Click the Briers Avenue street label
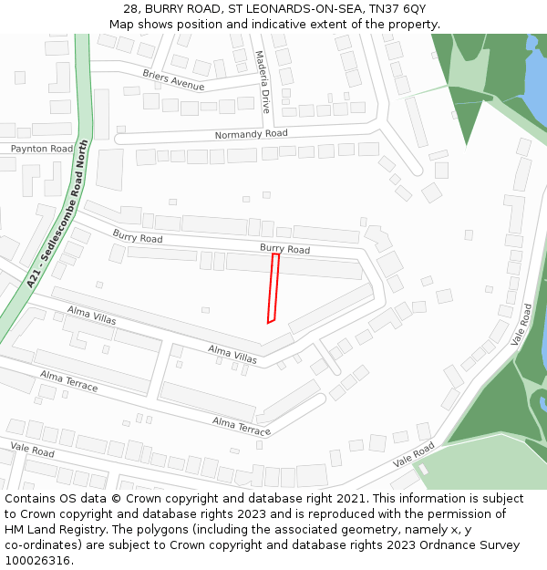tap(173, 79)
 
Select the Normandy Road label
tap(251, 134)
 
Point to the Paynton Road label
tap(41, 149)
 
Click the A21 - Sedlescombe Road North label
tap(58, 213)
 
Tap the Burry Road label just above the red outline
tap(284, 248)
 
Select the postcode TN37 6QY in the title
tap(402, 8)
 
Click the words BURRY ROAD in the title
tap(185, 8)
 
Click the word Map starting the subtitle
tap(122, 24)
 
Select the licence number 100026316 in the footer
tap(38, 561)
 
